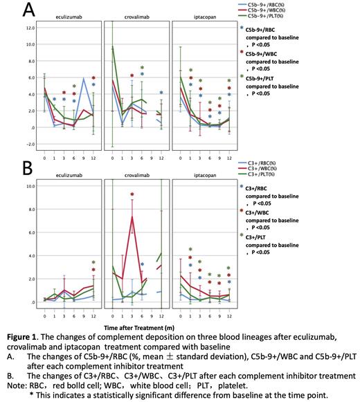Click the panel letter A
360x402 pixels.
coord(12,10)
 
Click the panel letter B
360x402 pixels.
coord(12,168)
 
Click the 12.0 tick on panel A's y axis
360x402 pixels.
coord(30,28)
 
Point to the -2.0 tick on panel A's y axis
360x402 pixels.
coord(30,145)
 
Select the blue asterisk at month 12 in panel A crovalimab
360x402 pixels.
coord(161,93)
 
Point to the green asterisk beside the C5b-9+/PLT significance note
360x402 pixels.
coord(241,76)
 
